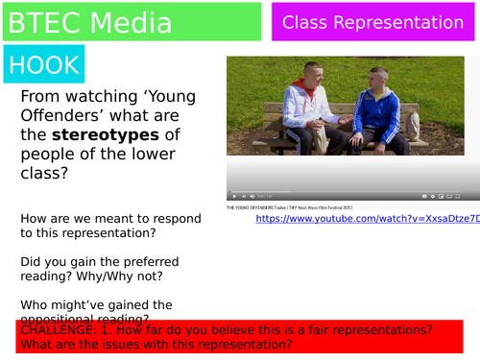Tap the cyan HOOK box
(43, 64)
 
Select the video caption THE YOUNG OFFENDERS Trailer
(288, 207)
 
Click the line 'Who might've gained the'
(96, 304)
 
